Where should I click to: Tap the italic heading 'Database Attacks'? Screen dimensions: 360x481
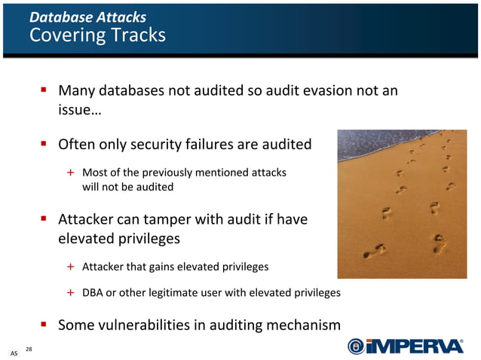coord(87,17)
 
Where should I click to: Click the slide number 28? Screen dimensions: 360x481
coord(29,348)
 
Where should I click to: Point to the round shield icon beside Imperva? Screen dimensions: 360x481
coord(356,346)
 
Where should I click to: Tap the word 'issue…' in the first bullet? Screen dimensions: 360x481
coord(80,111)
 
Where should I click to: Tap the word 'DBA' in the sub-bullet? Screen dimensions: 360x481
coord(93,292)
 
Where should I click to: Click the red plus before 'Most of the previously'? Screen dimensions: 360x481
coord(70,172)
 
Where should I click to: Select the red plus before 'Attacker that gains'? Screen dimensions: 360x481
coord(70,267)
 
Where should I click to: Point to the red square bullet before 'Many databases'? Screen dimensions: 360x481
coord(44,90)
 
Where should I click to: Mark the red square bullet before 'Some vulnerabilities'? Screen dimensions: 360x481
coord(44,325)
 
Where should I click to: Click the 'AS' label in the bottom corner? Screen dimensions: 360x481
coord(14,352)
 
